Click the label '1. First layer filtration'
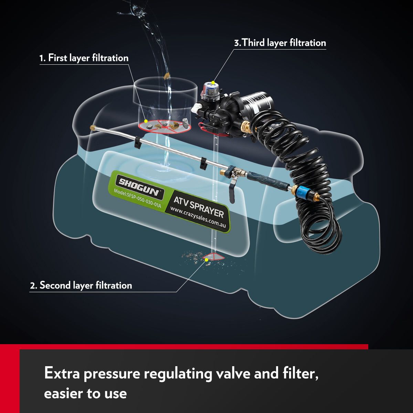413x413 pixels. [x=84, y=58]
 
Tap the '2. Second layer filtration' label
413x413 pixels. [x=81, y=285]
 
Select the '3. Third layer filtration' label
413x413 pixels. [x=280, y=43]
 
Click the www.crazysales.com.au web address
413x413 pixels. [x=198, y=218]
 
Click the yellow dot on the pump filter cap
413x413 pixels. [x=213, y=83]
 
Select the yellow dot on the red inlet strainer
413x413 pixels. [x=146, y=121]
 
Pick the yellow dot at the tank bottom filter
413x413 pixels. [x=206, y=260]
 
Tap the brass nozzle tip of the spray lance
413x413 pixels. [x=93, y=128]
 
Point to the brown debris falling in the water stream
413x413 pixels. [x=166, y=75]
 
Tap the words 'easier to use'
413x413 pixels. [x=85, y=393]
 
